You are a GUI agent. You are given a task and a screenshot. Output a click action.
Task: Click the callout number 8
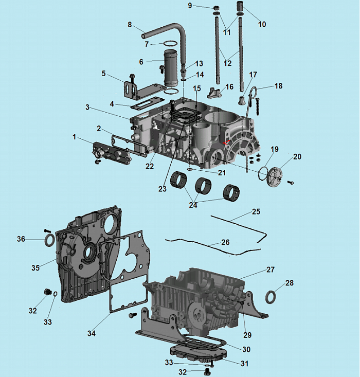[x=130, y=24]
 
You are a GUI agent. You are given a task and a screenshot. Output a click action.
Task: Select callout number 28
[x=290, y=283]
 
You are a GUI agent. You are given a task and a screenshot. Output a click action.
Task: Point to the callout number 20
[x=297, y=156]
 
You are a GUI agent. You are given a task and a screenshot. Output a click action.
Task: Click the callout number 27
[x=271, y=270]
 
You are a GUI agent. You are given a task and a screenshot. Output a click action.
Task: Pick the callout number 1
[x=74, y=137]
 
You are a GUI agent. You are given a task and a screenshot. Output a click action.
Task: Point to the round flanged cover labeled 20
[x=275, y=173]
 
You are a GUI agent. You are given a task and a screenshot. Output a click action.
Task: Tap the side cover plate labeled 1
[x=111, y=153]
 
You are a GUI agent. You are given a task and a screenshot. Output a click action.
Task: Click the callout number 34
[x=91, y=333]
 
